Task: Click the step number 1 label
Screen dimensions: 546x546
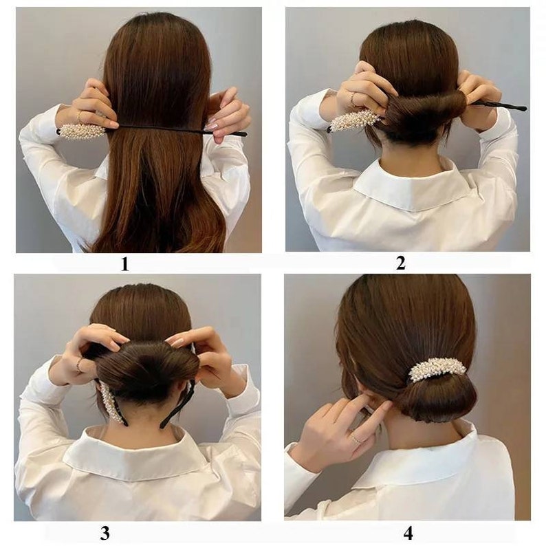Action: tap(124, 263)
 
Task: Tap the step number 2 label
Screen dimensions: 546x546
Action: tap(401, 262)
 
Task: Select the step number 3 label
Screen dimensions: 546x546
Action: tap(105, 532)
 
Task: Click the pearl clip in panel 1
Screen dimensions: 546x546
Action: tap(82, 130)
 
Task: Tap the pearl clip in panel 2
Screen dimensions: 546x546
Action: tap(355, 120)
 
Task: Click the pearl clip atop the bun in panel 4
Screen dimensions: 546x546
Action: tap(437, 369)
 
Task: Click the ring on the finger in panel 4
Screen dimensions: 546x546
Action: tap(357, 438)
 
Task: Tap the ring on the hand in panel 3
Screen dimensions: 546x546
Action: tap(80, 364)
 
